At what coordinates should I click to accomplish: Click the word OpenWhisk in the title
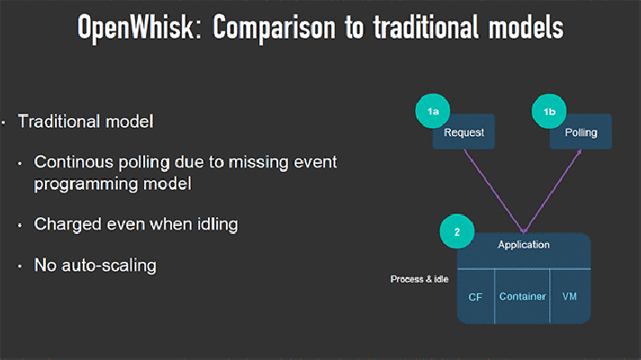tap(138, 28)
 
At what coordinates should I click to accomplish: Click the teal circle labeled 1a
tap(432, 111)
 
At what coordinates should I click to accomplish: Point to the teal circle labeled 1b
tap(549, 111)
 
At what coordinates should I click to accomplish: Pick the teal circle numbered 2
tap(457, 231)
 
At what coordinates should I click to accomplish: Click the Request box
tap(464, 131)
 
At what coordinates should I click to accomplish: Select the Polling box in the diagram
tap(581, 131)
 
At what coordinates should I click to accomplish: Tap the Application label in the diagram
tap(524, 245)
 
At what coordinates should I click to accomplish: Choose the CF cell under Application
tap(476, 297)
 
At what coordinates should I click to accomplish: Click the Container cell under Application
tap(522, 297)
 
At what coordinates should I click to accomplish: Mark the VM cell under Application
tap(570, 297)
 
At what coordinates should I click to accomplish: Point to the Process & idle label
tap(420, 279)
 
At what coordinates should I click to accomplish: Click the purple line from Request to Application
tap(494, 191)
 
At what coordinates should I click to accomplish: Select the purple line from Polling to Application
tap(552, 191)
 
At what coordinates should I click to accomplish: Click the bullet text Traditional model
tap(86, 121)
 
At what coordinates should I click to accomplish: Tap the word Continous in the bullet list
tap(74, 162)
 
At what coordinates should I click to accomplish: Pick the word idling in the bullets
tap(218, 225)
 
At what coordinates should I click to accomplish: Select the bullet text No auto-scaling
tap(95, 265)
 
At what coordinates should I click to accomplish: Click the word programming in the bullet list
tap(86, 184)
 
